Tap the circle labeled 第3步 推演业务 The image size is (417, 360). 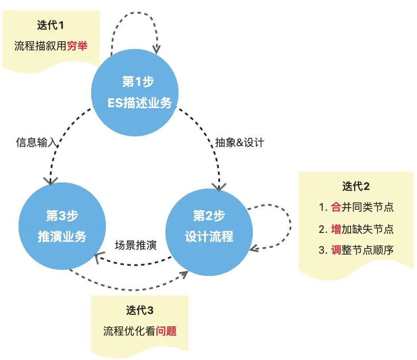pyautogui.click(x=62, y=226)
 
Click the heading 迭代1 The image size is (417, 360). pyautogui.click(x=50, y=25)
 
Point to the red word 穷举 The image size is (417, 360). pyautogui.click(x=77, y=46)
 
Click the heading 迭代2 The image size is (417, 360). pyautogui.click(x=355, y=186)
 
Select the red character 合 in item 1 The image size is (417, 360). pyautogui.click(x=336, y=207)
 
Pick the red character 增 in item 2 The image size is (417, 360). pyautogui.click(x=336, y=228)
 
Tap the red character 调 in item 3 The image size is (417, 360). pyautogui.click(x=336, y=250)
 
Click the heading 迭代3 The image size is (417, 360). pyautogui.click(x=139, y=310)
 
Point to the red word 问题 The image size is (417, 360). pyautogui.click(x=166, y=331)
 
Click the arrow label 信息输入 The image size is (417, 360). pyautogui.click(x=37, y=143)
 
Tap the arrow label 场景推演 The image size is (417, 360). pyautogui.click(x=135, y=245)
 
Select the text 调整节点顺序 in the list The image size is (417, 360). pyautogui.click(x=362, y=250)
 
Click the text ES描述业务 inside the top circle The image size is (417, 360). pyautogui.click(x=139, y=103)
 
